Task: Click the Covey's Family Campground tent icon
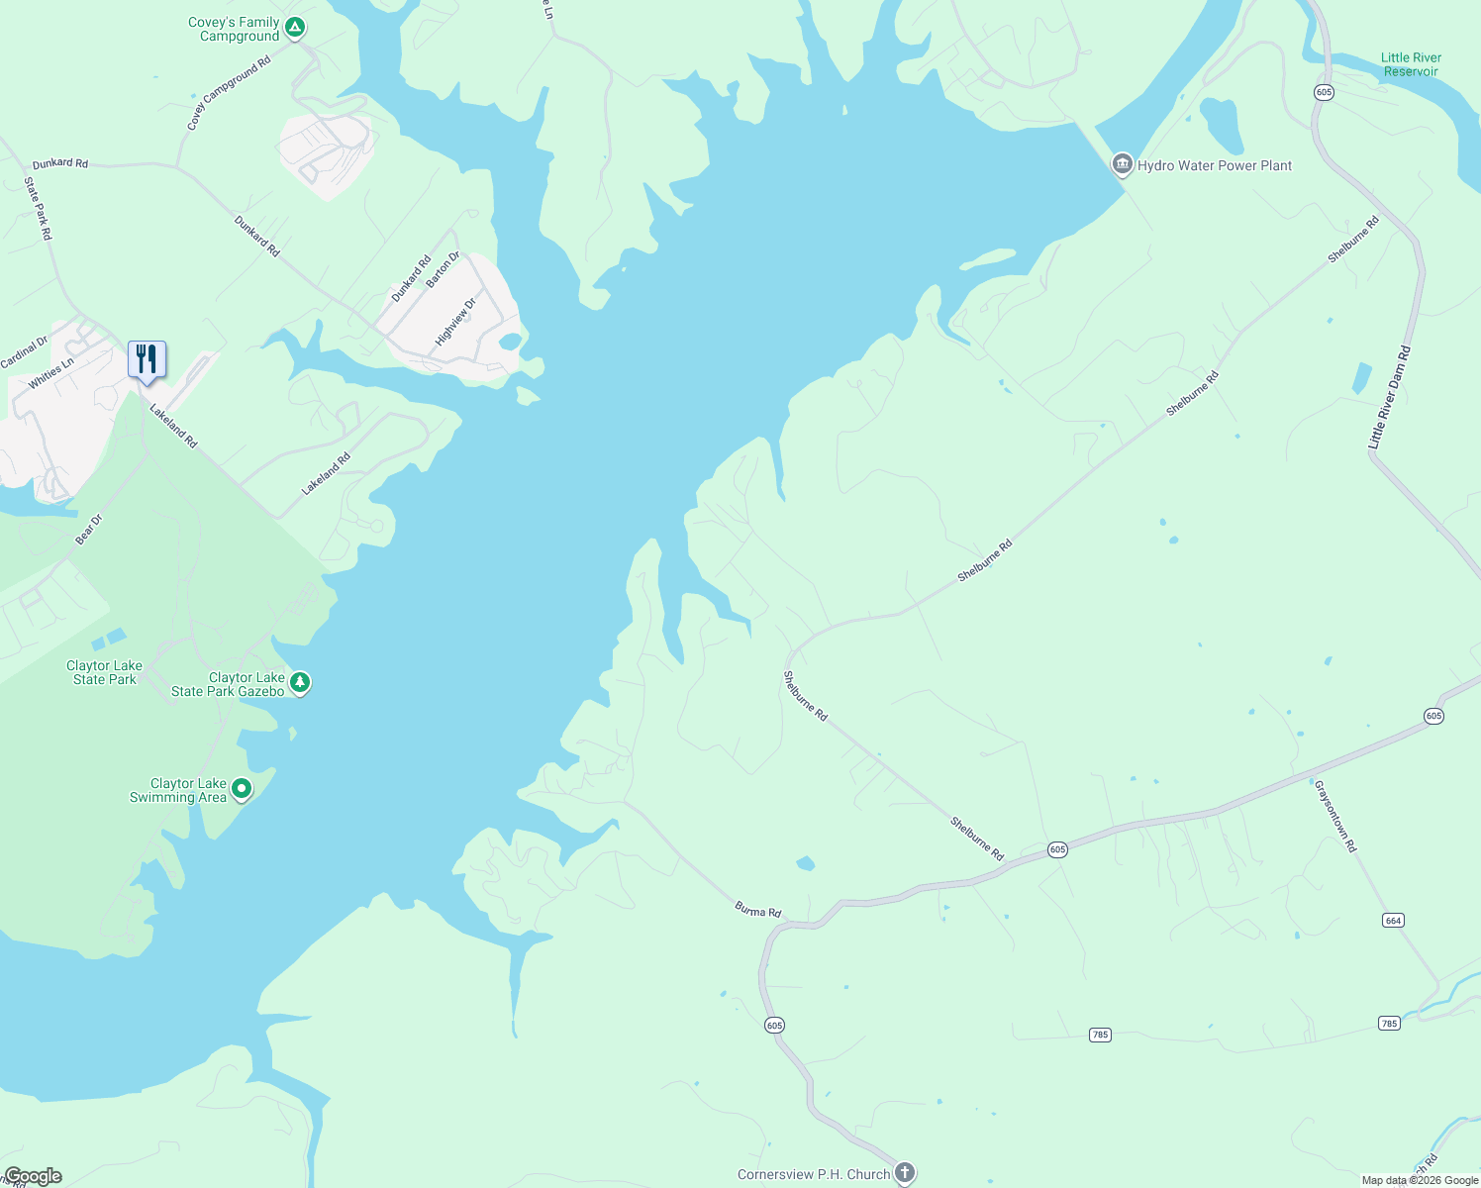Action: pyautogui.click(x=294, y=28)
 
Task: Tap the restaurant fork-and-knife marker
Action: pyautogui.click(x=147, y=359)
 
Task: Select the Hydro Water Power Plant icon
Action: pyautogui.click(x=1122, y=164)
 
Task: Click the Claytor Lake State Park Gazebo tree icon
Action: pyautogui.click(x=300, y=682)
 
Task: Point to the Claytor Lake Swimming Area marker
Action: pyautogui.click(x=241, y=790)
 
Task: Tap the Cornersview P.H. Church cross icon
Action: pyautogui.click(x=904, y=1173)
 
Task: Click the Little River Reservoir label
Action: pyautogui.click(x=1411, y=64)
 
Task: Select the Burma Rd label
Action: pyautogui.click(x=758, y=910)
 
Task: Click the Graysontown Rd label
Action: pyautogui.click(x=1335, y=817)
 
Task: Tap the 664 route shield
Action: pyautogui.click(x=1393, y=921)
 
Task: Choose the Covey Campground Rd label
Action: pyautogui.click(x=229, y=93)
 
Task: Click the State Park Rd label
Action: pyautogui.click(x=38, y=208)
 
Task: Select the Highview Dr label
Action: pyautogui.click(x=455, y=322)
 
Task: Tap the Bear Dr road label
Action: pyautogui.click(x=89, y=530)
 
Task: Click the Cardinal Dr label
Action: pyautogui.click(x=24, y=352)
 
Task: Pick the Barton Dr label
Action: pyautogui.click(x=443, y=269)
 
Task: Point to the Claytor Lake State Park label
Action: pyautogui.click(x=104, y=672)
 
